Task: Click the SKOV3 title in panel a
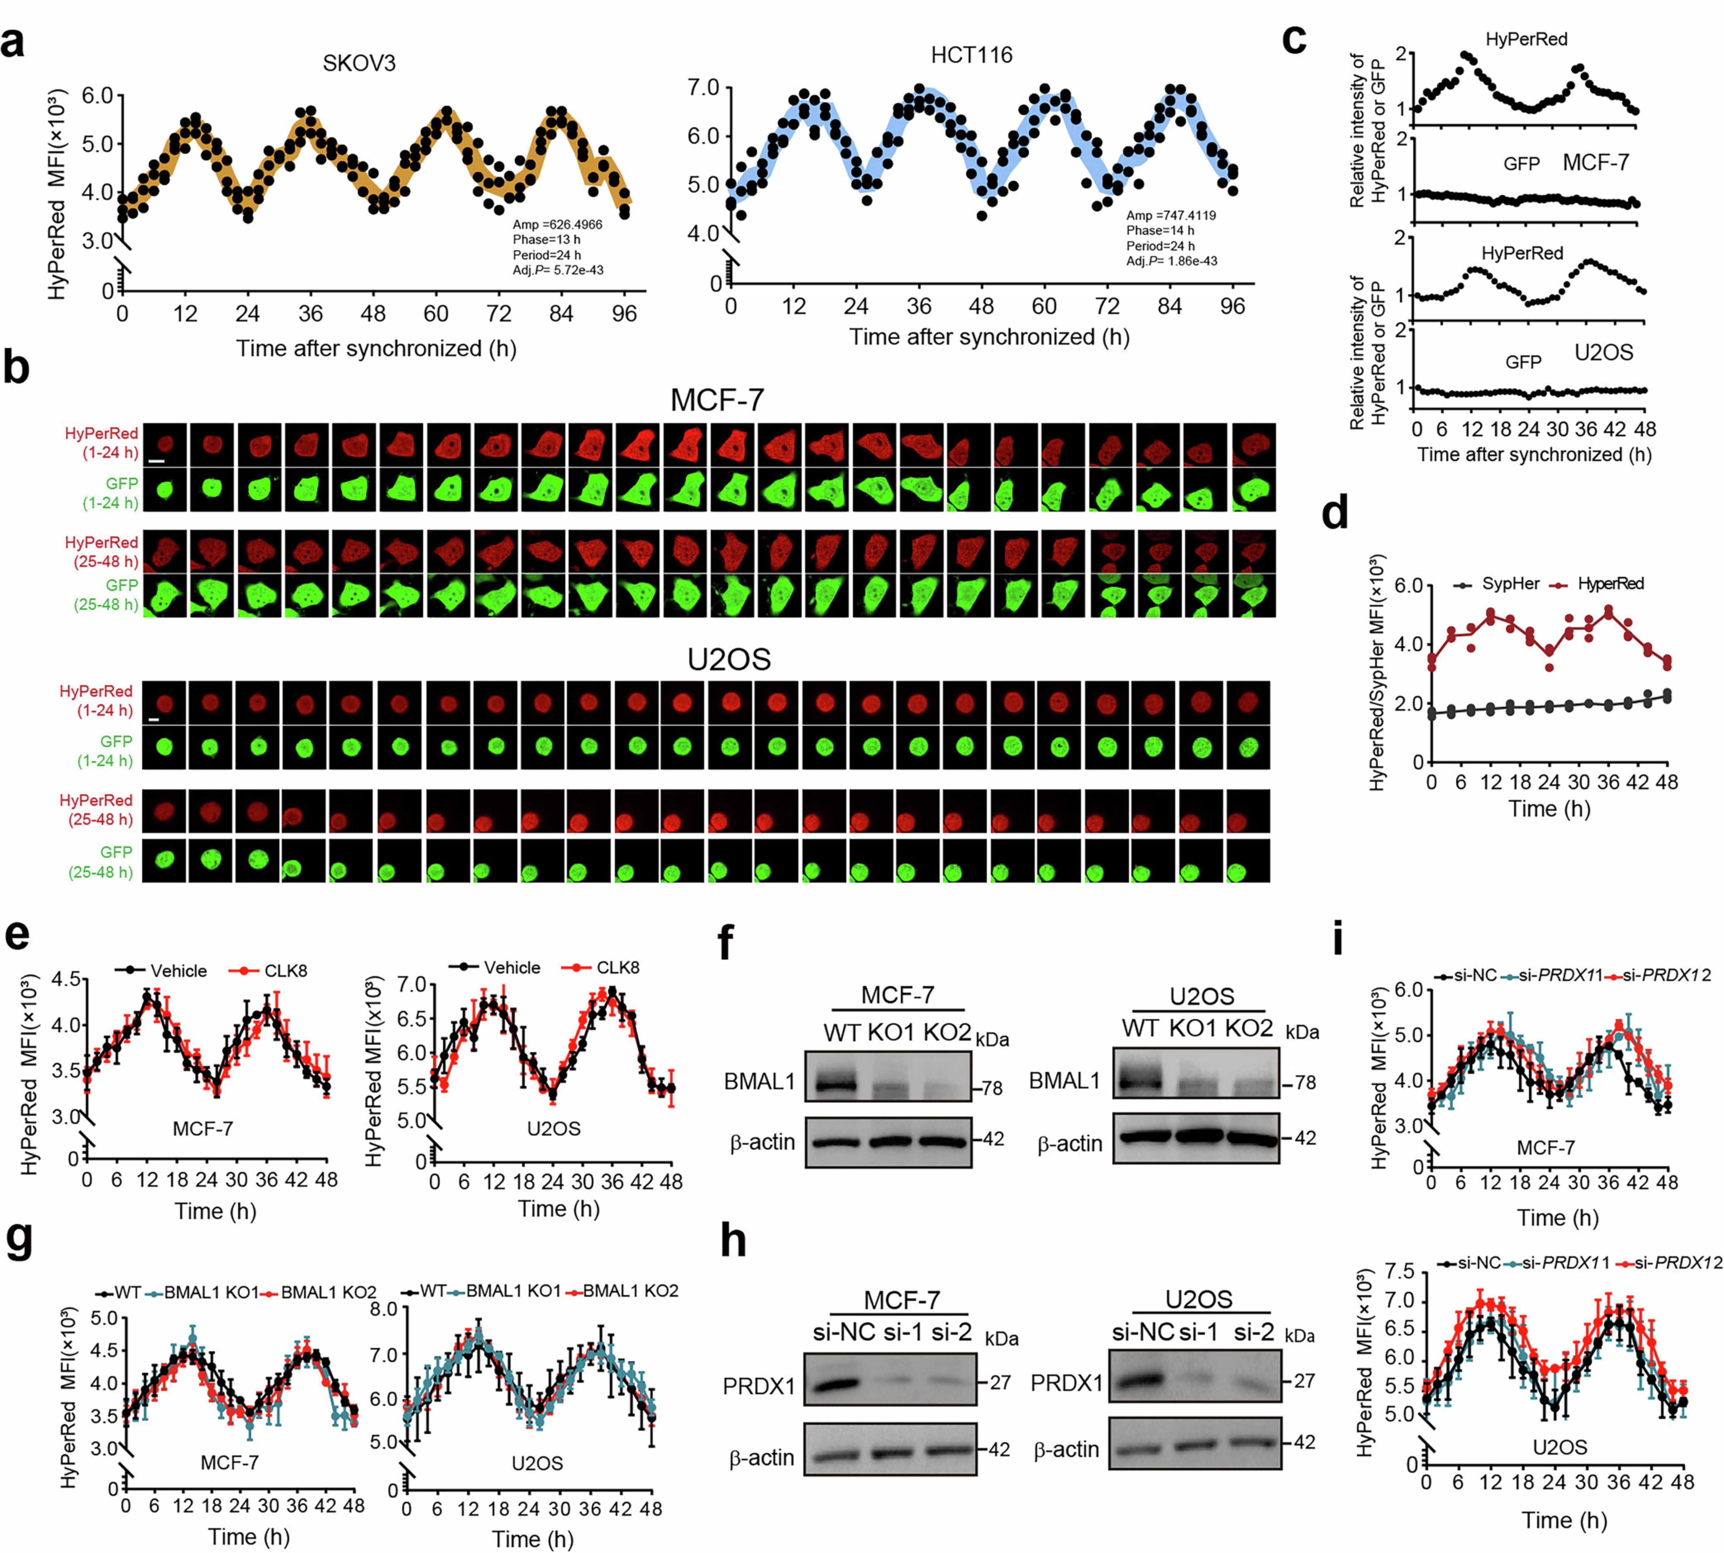click(359, 64)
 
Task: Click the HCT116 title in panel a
click(971, 55)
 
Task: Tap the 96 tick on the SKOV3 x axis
click(624, 314)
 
